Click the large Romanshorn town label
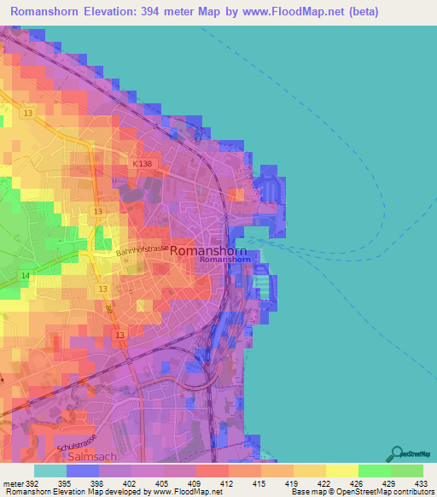click(208, 251)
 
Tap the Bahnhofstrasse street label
click(143, 248)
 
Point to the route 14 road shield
click(26, 275)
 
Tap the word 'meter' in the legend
click(13, 482)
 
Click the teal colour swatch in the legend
click(50, 471)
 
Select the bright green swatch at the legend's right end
click(407, 471)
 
